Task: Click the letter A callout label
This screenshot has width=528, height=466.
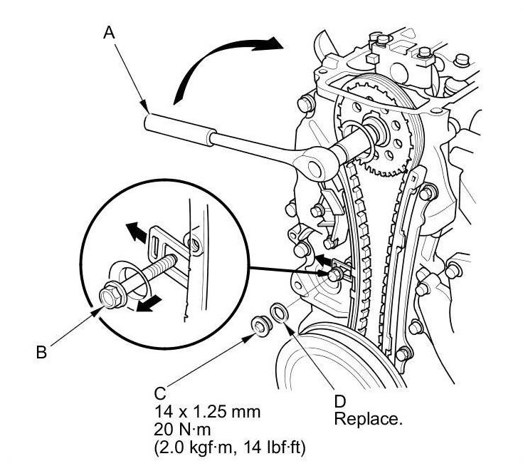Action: pos(110,33)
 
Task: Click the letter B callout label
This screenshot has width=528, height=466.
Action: pos(41,353)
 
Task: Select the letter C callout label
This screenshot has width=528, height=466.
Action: pos(160,393)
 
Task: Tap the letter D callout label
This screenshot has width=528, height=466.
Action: pos(340,401)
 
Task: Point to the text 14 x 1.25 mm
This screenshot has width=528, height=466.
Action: pos(208,411)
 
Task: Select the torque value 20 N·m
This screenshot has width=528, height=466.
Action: pos(182,430)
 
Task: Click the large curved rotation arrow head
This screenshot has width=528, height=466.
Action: pos(270,43)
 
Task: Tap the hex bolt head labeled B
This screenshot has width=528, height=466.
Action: pos(111,296)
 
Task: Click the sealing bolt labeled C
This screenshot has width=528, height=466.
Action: pos(260,326)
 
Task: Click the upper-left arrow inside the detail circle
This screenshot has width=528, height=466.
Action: pos(137,232)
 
